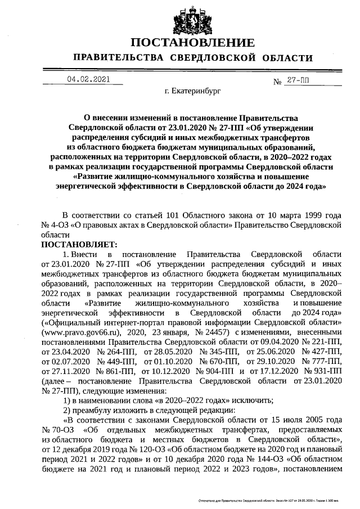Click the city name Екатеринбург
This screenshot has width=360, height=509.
click(193, 90)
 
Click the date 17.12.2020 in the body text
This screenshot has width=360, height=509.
click(273, 371)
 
